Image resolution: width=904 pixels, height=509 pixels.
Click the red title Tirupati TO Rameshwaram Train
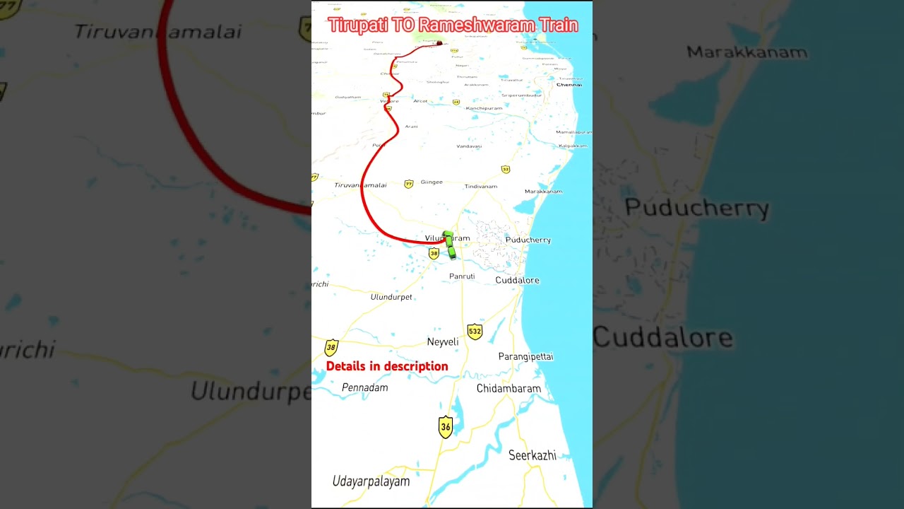point(453,25)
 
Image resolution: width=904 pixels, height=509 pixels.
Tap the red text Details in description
point(387,366)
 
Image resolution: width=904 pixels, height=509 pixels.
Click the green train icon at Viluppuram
point(449,245)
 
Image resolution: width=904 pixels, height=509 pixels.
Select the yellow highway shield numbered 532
point(475,332)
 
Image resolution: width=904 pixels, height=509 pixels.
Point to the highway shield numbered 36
point(445,427)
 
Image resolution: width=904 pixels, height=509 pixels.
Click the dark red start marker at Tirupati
point(439,44)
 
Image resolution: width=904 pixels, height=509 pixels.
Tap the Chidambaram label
point(509,389)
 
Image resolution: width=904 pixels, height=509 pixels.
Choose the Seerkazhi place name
point(533,456)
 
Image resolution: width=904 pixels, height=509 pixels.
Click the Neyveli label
point(443,342)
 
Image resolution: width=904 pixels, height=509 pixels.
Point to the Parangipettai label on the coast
point(525,357)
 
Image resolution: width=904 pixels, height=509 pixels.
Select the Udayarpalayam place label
point(371,481)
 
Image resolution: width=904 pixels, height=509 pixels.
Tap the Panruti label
point(462,276)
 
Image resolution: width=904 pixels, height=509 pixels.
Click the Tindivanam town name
point(481,187)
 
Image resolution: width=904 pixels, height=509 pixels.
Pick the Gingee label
point(432,182)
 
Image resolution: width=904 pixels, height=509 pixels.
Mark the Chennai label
point(569,85)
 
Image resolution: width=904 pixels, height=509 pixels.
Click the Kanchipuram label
point(484,108)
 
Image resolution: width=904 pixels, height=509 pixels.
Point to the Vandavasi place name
point(469,146)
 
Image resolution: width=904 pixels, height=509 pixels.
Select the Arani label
point(411,127)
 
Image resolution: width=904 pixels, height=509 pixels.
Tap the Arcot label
point(420,101)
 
